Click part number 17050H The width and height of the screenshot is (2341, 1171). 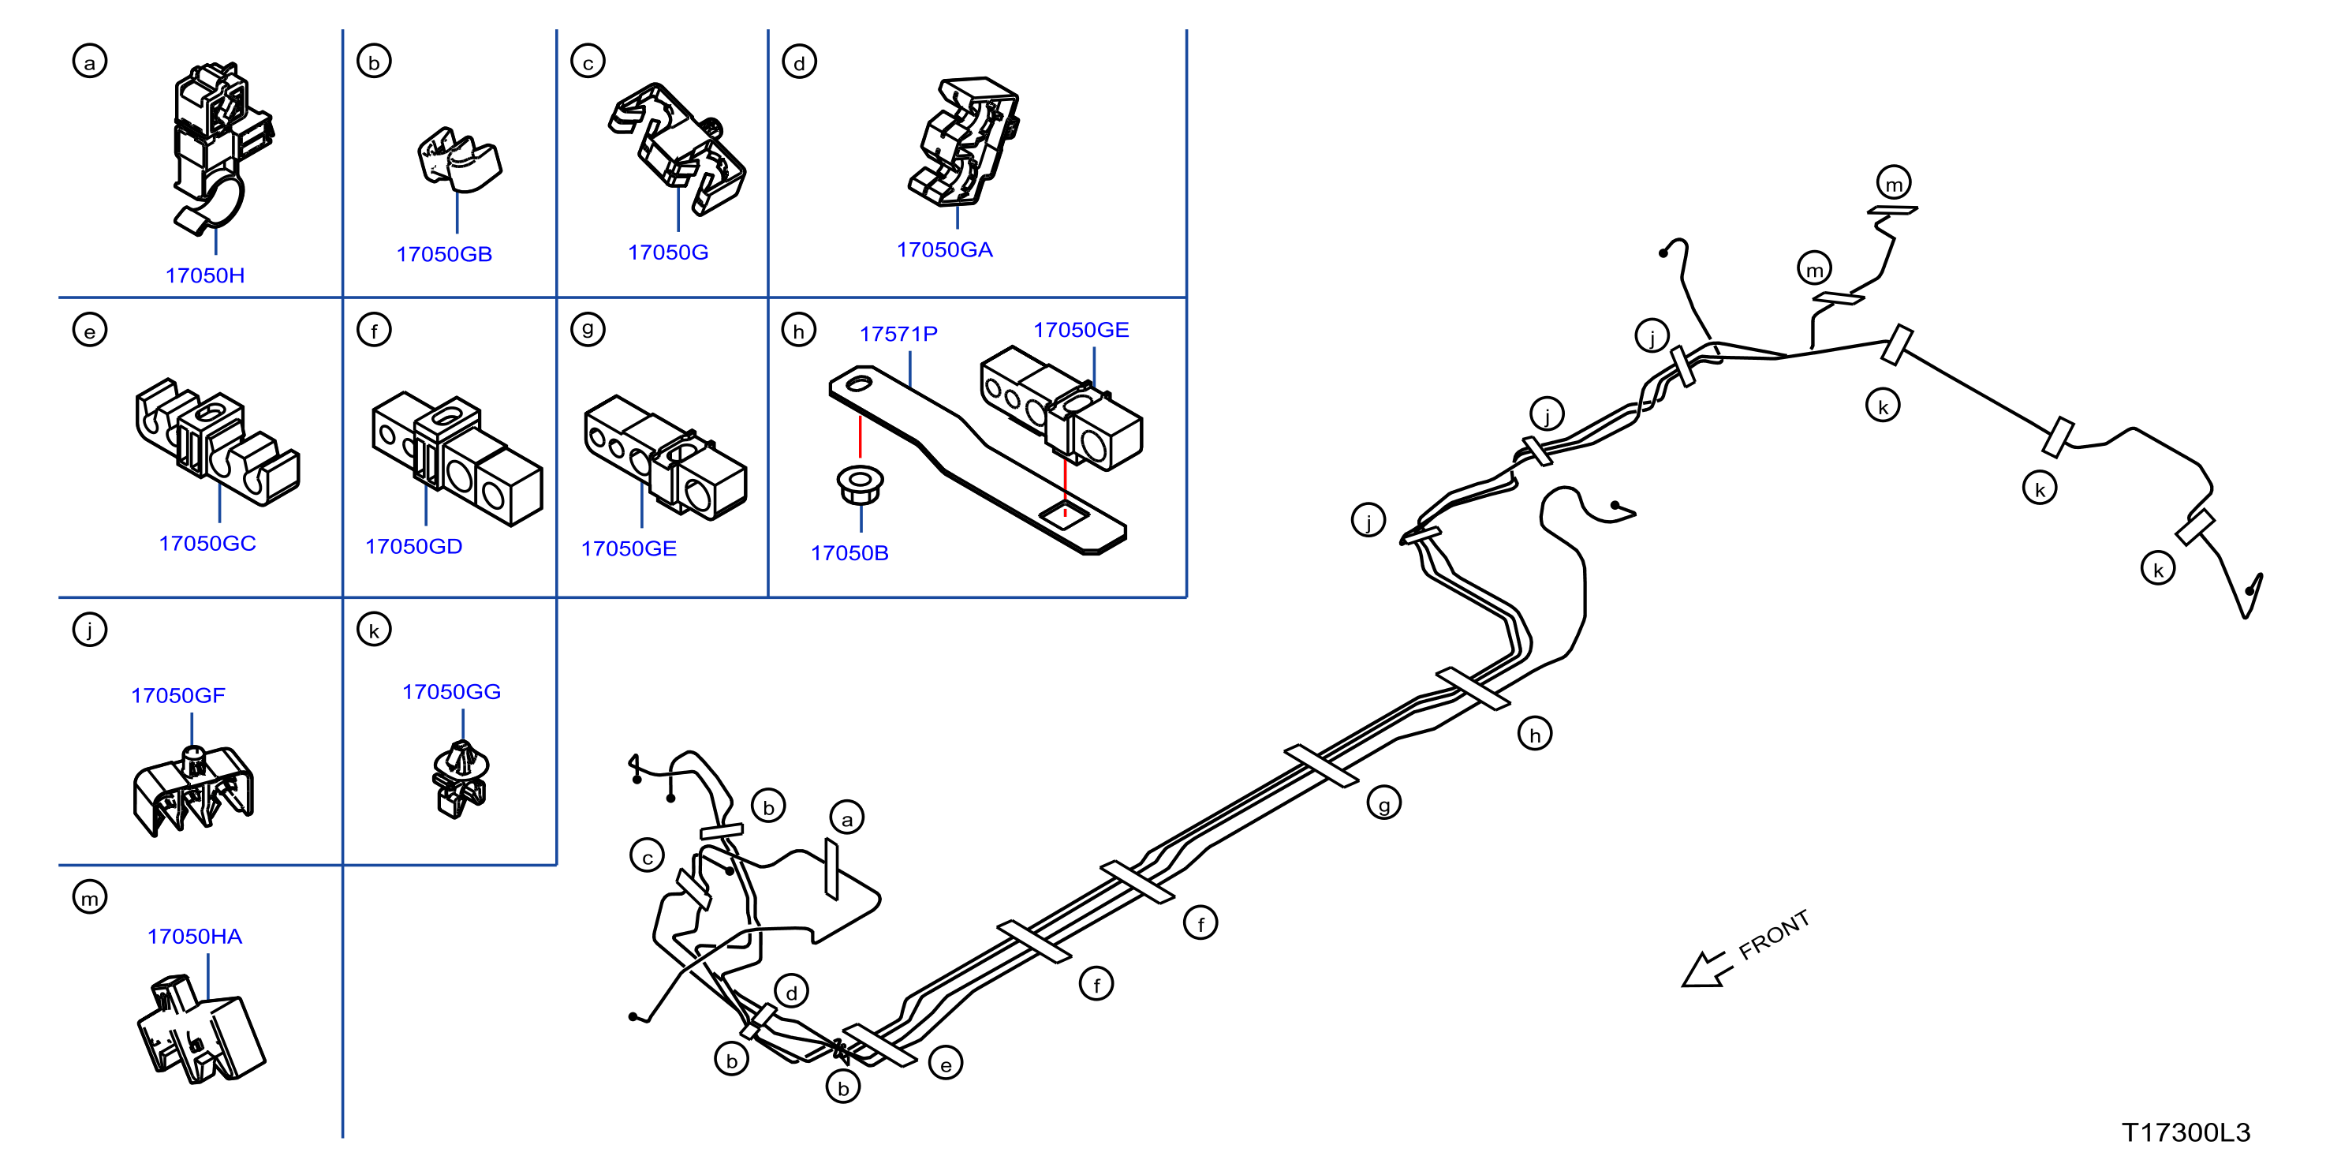pyautogui.click(x=204, y=275)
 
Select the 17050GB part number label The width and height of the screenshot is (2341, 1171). pyautogui.click(x=443, y=255)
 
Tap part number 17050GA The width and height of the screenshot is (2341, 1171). pyautogui.click(x=944, y=250)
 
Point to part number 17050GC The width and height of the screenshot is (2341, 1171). pyautogui.click(x=207, y=544)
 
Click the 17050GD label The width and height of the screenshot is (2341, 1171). pyautogui.click(x=413, y=546)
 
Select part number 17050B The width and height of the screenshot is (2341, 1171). pyautogui.click(x=849, y=553)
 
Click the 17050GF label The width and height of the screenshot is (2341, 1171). pyautogui.click(x=177, y=695)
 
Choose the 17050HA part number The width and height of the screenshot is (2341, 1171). pyautogui.click(x=195, y=937)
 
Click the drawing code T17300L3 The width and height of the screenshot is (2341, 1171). pyautogui.click(x=2186, y=1133)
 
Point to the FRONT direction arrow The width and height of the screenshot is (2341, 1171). pyautogui.click(x=1707, y=969)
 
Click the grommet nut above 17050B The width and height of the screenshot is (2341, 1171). pyautogui.click(x=859, y=484)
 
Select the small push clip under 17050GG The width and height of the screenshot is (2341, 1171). pyautogui.click(x=460, y=779)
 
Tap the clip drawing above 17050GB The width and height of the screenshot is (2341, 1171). pyautogui.click(x=459, y=160)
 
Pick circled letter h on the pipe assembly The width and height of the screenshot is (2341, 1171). pyautogui.click(x=1535, y=734)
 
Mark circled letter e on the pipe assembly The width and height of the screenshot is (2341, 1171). pyautogui.click(x=945, y=1064)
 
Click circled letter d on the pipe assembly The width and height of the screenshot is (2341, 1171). pyautogui.click(x=792, y=992)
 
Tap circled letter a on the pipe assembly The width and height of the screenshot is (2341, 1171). pyautogui.click(x=847, y=818)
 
